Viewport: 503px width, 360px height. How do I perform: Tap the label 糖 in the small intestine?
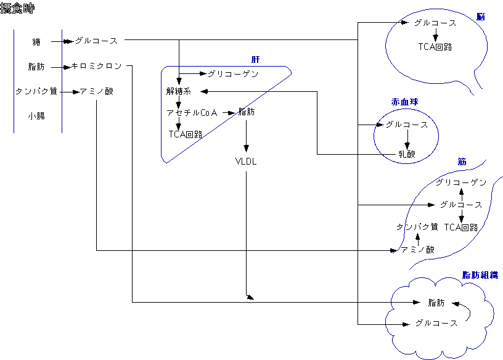(36, 42)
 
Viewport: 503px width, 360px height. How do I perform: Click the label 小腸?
(36, 115)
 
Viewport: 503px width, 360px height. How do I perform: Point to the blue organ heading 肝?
(255, 59)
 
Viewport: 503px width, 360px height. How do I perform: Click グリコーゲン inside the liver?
(232, 74)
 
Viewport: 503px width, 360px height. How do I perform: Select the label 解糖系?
(179, 92)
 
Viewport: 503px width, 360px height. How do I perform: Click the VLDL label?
(247, 162)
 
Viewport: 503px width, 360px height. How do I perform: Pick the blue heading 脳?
(480, 17)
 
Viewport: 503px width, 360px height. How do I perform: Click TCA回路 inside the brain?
(435, 46)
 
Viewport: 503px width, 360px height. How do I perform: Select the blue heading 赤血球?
(406, 102)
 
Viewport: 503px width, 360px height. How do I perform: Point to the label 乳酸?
(407, 153)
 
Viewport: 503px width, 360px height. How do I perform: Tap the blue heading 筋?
(462, 162)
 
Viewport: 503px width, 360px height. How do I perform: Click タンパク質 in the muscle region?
(417, 227)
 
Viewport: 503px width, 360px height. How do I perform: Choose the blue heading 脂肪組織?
(480, 275)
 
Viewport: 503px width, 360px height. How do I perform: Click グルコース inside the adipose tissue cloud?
(436, 323)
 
